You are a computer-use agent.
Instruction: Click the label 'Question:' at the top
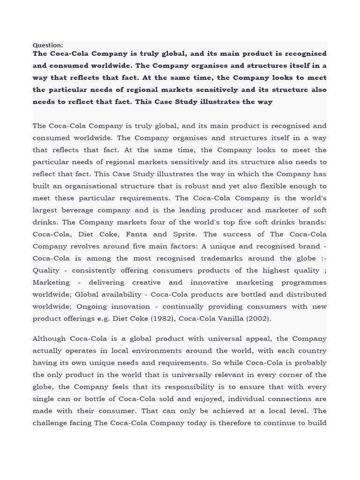[47, 45]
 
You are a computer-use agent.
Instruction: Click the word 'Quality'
[46, 270]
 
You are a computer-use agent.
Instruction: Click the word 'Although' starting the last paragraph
[49, 338]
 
